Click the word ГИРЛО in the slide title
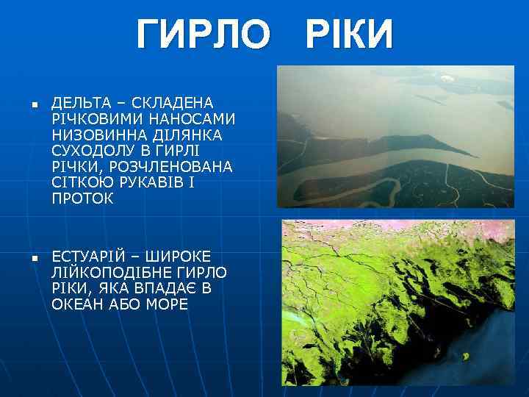[202, 35]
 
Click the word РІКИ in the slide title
[342, 35]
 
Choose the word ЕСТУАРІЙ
[90, 257]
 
